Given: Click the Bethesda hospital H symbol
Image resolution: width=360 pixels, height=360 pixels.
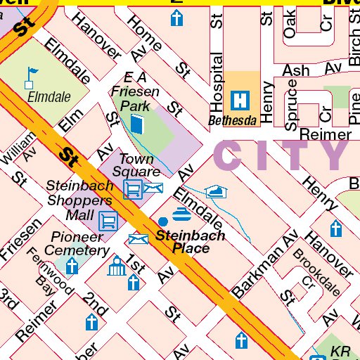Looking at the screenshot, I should [x=242, y=100].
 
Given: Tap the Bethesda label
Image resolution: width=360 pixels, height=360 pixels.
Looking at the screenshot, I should [x=233, y=120].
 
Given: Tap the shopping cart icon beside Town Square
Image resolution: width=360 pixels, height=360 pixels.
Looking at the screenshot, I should [x=132, y=188].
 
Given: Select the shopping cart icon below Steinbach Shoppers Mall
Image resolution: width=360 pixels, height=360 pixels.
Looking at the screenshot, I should [x=108, y=221].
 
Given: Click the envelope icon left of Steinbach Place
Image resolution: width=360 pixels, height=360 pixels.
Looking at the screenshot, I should [x=139, y=240].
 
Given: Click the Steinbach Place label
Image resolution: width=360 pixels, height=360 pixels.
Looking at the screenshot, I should [x=191, y=242].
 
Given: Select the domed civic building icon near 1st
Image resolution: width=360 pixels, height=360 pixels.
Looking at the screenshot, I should [x=115, y=268].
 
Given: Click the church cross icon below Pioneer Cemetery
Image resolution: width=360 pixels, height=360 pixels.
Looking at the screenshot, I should [x=72, y=266].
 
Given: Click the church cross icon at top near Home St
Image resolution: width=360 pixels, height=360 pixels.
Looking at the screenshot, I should [x=176, y=18].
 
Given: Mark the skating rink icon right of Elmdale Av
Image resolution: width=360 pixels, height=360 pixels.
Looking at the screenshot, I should [x=216, y=191].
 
